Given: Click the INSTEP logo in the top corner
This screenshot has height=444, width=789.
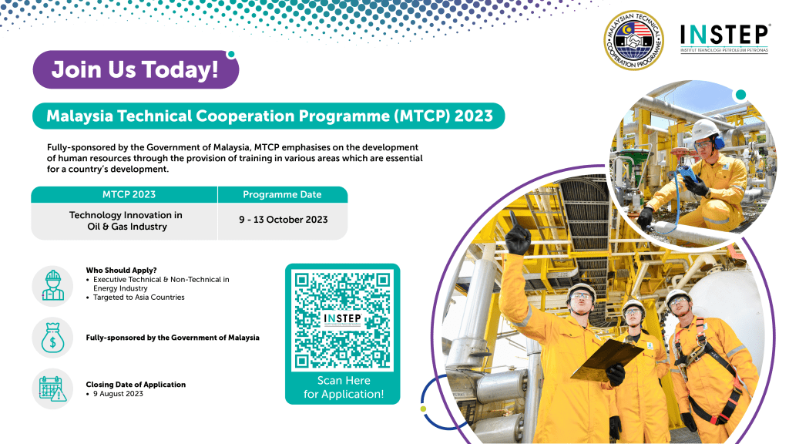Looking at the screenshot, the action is pos(724,39).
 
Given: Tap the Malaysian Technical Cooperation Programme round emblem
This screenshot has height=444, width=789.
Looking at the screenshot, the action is pos(633,40).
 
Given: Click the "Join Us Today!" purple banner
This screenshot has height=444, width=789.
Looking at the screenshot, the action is pos(136,69).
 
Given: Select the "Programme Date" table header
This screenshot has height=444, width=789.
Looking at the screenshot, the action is pos(282,194).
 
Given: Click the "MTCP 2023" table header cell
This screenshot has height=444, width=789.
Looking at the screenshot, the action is pos(129,194).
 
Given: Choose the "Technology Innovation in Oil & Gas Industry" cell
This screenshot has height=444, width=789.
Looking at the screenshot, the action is pos(125,221).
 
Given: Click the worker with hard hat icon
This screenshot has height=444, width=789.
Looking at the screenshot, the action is pos(53,286).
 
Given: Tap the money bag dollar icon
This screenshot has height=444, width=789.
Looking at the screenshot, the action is pos(53,338).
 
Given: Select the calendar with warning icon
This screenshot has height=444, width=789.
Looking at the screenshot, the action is pos(53,388).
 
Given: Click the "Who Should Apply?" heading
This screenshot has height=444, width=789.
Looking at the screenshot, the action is pos(121,271).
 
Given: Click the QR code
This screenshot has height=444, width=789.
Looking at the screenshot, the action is pos(343,321).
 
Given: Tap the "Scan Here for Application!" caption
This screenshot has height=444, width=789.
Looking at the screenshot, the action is pos(343,388).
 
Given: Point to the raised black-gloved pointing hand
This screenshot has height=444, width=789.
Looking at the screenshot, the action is pos(517,234).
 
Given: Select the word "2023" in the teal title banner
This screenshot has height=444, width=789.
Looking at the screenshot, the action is pos(474,116).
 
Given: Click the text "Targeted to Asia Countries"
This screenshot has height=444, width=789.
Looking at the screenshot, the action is pos(139,298).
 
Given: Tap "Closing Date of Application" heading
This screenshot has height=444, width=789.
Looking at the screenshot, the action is pos(136,385).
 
